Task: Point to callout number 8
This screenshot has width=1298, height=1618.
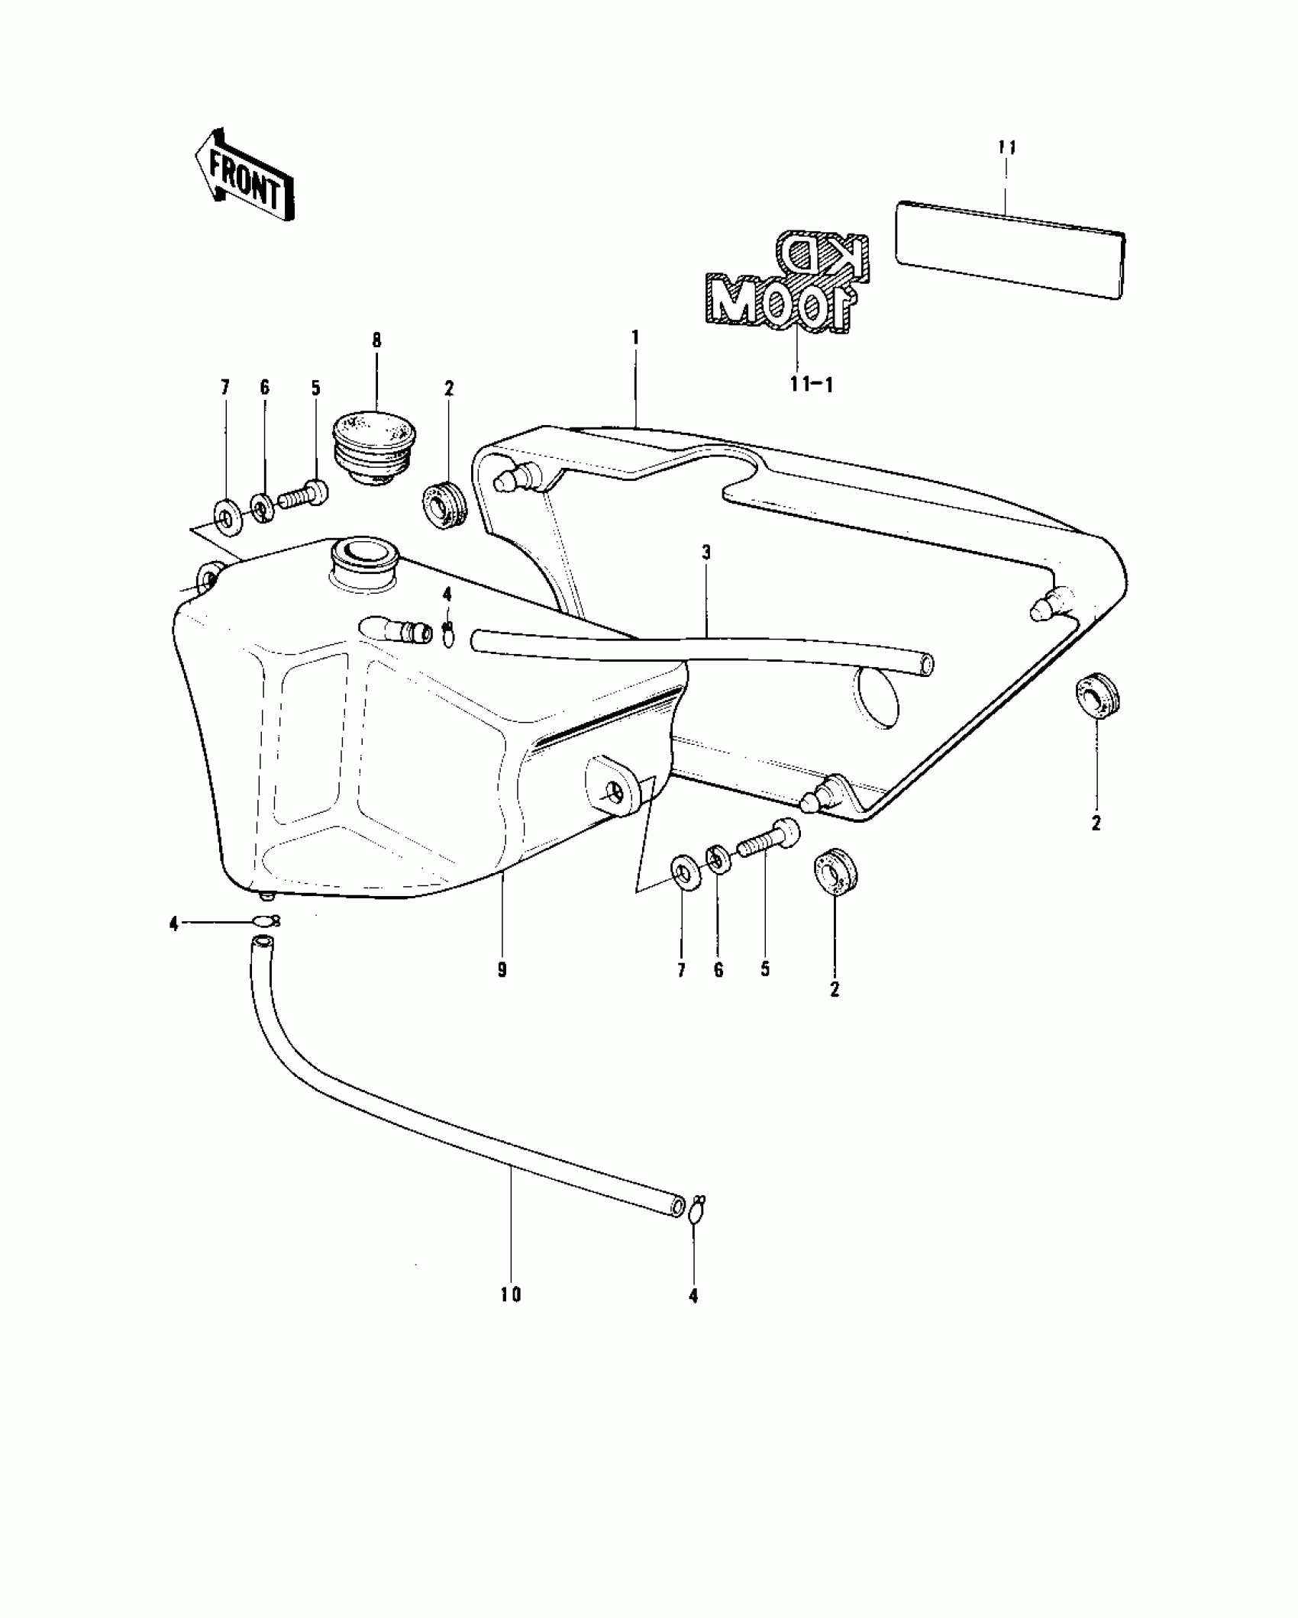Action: pos(376,340)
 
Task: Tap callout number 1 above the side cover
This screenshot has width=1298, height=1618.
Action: pos(635,337)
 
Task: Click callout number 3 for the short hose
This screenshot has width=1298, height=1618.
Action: pos(706,552)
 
